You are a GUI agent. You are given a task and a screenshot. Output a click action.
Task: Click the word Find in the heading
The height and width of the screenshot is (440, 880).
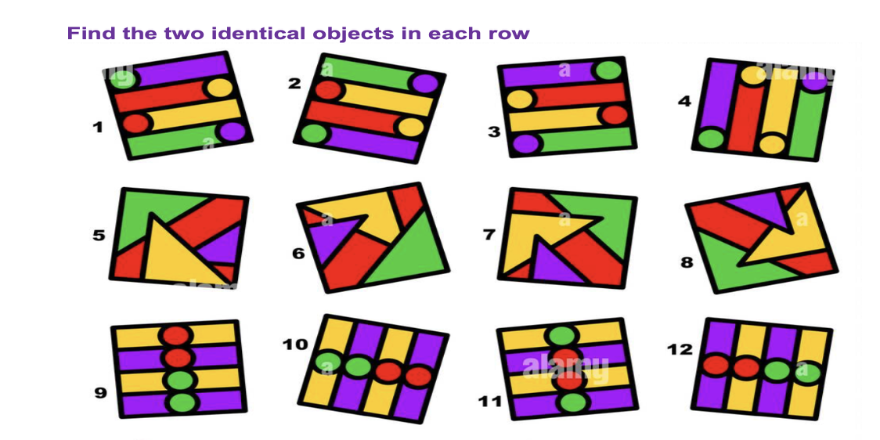point(85,34)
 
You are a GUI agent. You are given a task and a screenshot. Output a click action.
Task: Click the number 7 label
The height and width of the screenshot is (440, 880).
point(489,233)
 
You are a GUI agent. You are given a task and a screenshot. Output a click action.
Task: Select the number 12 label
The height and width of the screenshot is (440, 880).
point(680,348)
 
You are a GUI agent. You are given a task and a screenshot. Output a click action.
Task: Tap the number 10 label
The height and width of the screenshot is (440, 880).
point(296,344)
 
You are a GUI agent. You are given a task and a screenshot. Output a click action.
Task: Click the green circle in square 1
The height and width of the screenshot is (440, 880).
point(125,78)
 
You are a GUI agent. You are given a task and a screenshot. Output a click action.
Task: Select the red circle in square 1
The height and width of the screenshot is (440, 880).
point(136,123)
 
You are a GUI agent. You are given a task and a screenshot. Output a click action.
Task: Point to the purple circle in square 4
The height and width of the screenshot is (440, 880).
point(813,81)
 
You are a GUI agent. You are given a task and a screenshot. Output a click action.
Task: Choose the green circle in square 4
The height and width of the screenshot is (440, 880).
point(711,139)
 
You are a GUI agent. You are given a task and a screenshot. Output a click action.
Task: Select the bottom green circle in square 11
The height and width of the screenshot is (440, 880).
point(574,402)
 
